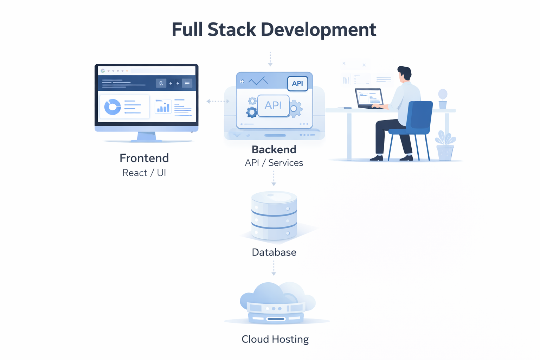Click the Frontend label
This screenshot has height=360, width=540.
tap(144, 158)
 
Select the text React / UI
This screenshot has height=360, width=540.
tap(144, 173)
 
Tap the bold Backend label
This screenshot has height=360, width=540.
tap(274, 150)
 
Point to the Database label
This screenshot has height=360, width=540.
tap(274, 252)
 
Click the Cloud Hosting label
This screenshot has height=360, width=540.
tap(275, 339)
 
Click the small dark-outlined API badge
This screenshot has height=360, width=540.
tap(297, 84)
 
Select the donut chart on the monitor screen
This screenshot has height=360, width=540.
tap(112, 107)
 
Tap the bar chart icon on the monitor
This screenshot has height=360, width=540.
tap(163, 107)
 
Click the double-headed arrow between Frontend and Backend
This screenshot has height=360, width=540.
tap(218, 101)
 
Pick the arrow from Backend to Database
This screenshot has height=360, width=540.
tap(274, 178)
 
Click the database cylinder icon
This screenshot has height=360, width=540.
tap(274, 216)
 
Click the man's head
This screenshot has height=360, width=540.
tap(404, 73)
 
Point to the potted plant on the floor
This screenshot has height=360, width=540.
tap(445, 146)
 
